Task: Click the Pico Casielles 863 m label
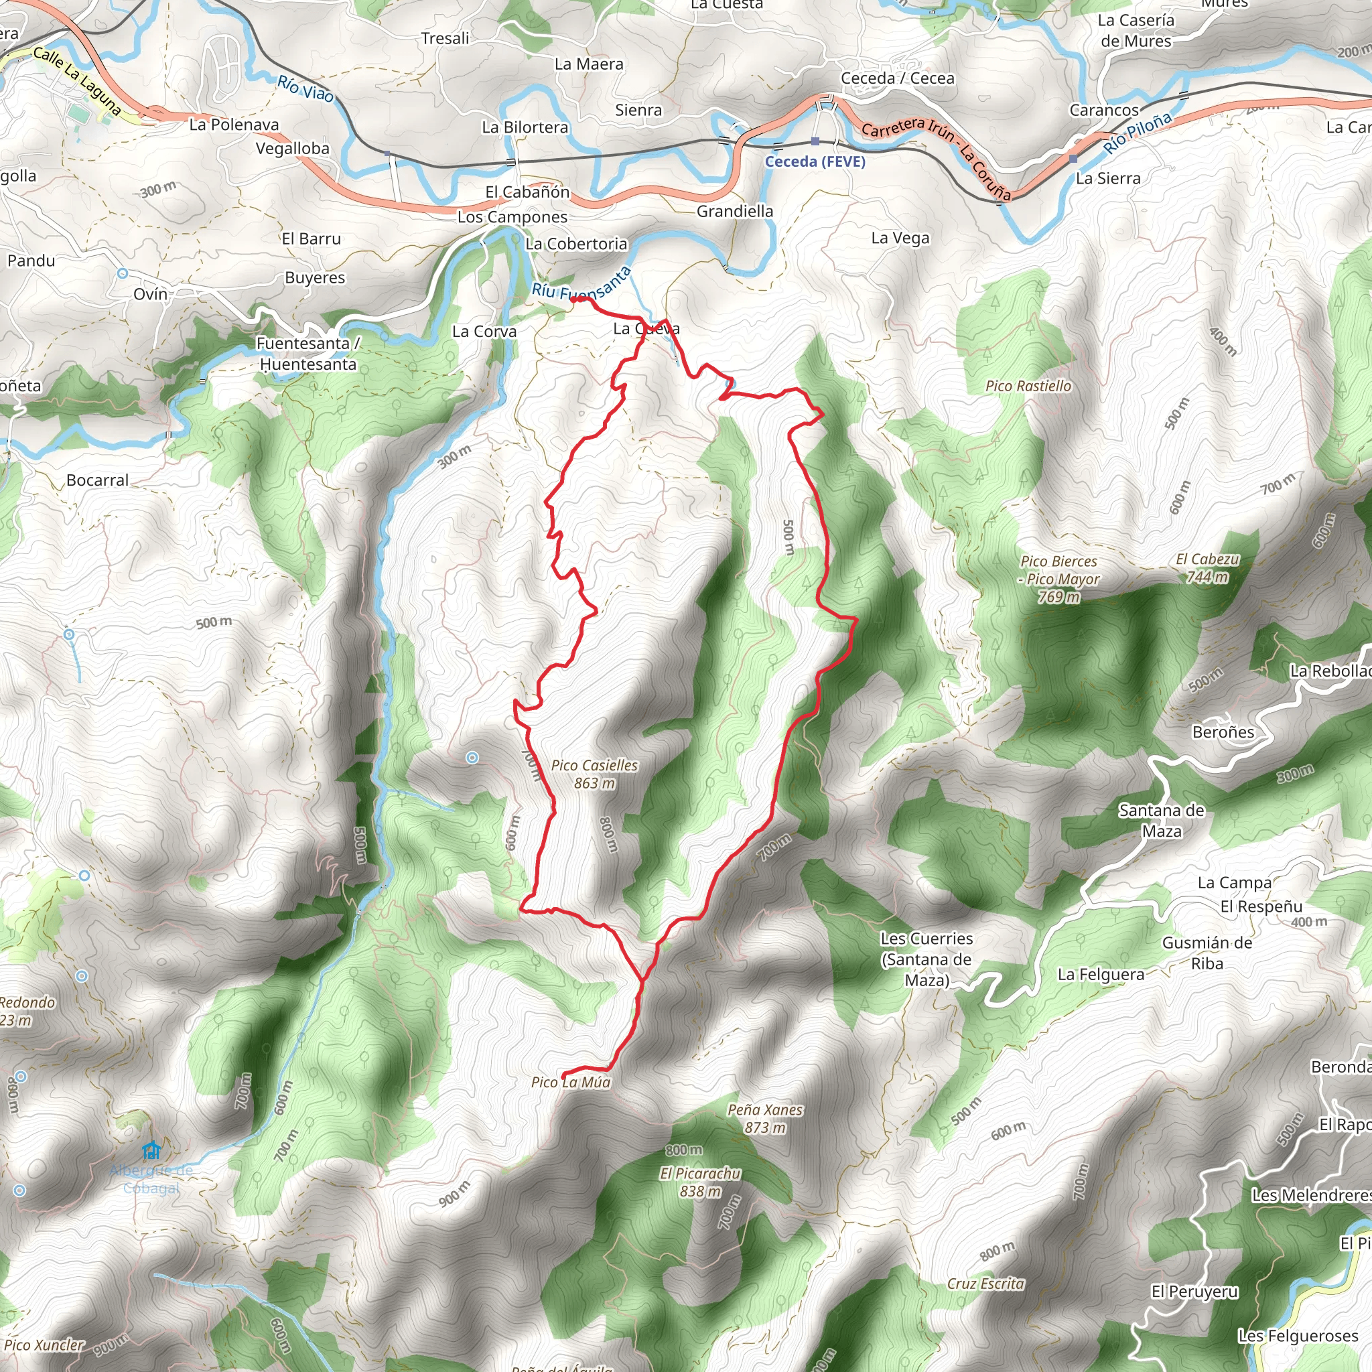[594, 774]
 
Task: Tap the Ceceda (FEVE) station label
[815, 161]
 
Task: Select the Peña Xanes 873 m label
[765, 1119]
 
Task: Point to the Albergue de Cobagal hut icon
[151, 1150]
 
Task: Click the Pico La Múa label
[570, 1083]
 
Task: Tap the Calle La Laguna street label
[76, 81]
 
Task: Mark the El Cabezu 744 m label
[1207, 568]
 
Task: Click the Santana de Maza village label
[1161, 820]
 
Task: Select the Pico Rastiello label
[1028, 386]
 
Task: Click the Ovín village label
[151, 294]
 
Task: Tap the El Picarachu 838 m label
[700, 1182]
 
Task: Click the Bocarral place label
[97, 480]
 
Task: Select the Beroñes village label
[1223, 732]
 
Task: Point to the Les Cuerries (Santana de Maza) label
[926, 959]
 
